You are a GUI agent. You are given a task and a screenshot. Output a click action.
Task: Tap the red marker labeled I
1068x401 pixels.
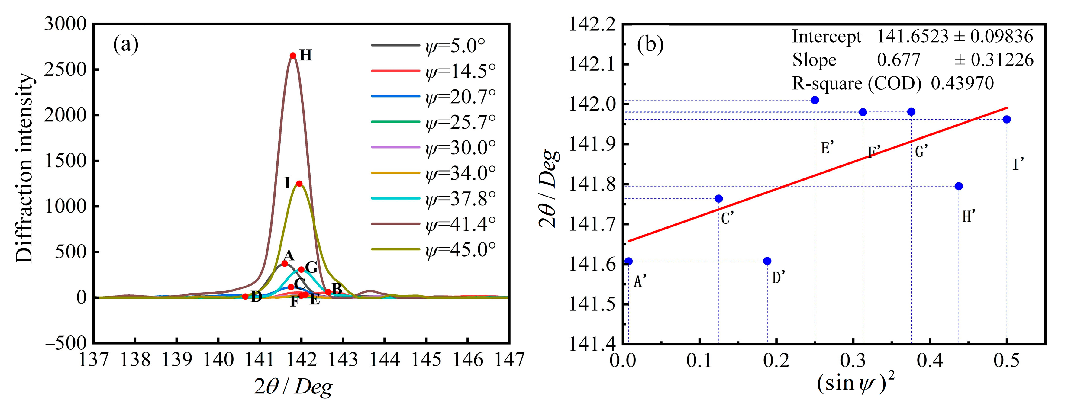click(299, 184)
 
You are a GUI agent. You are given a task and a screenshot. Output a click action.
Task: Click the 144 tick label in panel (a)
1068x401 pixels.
click(384, 360)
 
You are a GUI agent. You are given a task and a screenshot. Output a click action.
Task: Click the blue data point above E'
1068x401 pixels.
click(815, 100)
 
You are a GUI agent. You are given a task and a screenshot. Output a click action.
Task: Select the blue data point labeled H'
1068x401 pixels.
click(959, 186)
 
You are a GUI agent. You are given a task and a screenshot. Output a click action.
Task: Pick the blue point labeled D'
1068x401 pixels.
click(767, 261)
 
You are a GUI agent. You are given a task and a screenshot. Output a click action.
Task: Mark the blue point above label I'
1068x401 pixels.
click(1007, 119)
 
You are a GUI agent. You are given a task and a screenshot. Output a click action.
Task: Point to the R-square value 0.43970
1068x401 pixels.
click(962, 84)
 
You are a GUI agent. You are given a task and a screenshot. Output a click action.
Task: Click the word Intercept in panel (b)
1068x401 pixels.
click(826, 37)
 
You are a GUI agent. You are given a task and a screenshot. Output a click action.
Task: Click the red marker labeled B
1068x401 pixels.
click(328, 292)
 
